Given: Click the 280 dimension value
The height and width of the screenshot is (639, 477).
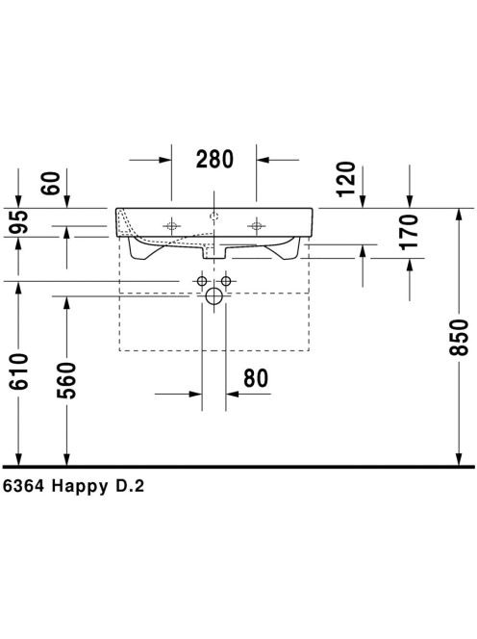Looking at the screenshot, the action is (x=214, y=159).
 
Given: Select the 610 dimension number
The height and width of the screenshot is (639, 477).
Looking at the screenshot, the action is (x=19, y=371).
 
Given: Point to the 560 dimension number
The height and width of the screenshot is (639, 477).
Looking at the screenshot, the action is (x=66, y=380).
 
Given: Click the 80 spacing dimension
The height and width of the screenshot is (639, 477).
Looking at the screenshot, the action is (x=256, y=378).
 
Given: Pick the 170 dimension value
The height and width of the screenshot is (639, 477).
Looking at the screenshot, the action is (x=409, y=232).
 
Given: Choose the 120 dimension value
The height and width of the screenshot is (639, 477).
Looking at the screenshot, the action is (x=346, y=179).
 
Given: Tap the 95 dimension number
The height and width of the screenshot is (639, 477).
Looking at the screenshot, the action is (x=19, y=221).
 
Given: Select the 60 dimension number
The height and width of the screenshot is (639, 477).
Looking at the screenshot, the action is (x=51, y=184).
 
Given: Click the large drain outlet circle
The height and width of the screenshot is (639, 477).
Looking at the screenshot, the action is (x=214, y=295).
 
